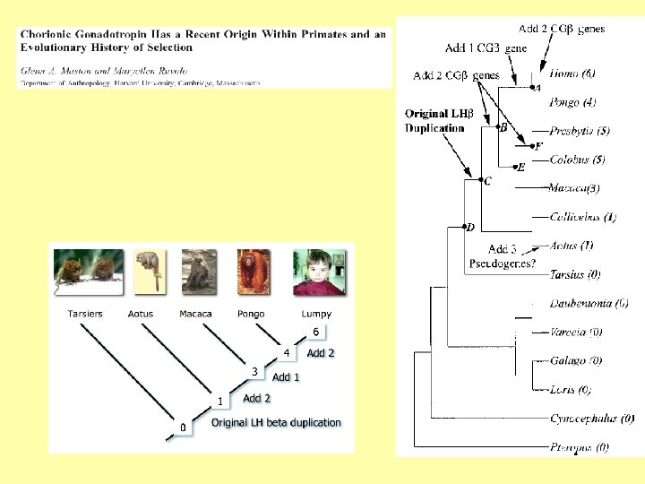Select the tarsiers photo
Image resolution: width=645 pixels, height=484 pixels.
pos(87,272)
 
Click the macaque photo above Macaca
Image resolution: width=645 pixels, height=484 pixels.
pos(196,272)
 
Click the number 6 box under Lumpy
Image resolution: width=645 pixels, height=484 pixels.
pos(315,332)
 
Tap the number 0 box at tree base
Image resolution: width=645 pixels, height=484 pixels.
pos(183,428)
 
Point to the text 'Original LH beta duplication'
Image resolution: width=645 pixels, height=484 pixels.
pos(276,422)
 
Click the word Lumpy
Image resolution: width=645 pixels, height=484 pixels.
pos(315,314)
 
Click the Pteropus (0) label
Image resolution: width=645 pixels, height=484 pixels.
pos(579,446)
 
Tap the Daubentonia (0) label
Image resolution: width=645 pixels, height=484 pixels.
pos(588,304)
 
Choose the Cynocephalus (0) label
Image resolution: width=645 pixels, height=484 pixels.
pos(592,418)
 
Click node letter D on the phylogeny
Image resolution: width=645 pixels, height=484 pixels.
pos(471,228)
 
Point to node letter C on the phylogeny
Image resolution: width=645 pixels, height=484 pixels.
pos(487,182)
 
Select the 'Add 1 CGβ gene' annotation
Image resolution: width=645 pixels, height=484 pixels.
pos(486,48)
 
